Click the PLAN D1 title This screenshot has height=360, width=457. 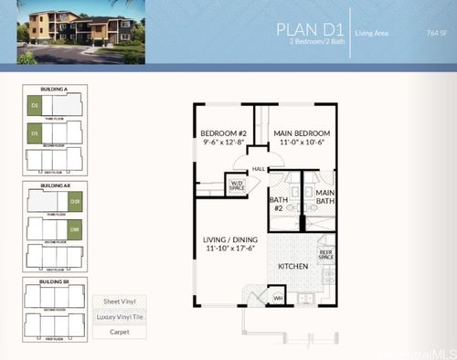tap(306, 29)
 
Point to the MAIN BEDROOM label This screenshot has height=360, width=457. tap(302, 133)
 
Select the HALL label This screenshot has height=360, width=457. tap(259, 168)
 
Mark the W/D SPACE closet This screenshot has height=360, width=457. tap(237, 185)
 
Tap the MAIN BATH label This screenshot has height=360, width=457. tap(325, 197)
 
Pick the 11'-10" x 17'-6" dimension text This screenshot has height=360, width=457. tap(228, 248)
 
